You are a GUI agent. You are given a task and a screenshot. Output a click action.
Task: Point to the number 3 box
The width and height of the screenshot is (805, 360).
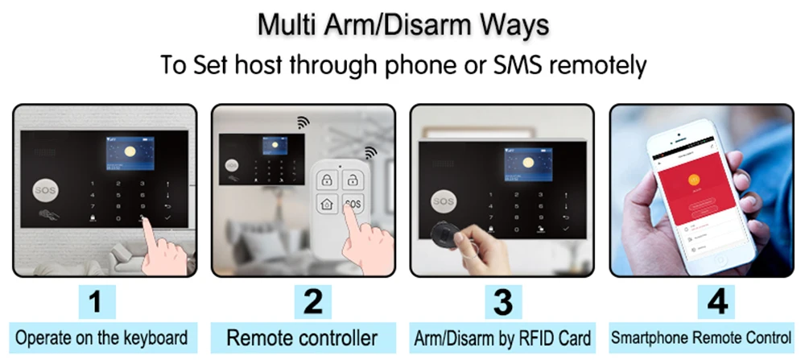[502, 303]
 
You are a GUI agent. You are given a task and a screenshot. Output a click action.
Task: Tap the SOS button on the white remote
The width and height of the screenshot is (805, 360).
[352, 204]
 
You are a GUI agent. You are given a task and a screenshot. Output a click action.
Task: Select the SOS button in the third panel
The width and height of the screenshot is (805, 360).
[443, 199]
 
